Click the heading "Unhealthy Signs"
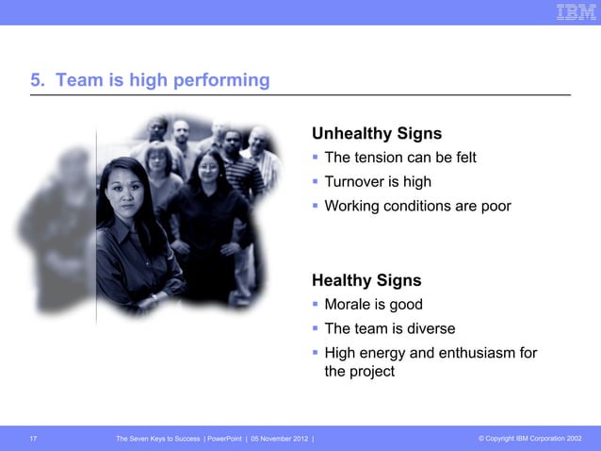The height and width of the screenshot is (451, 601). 377,133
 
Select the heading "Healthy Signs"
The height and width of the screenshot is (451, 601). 366,280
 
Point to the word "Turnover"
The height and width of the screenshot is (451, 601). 355,181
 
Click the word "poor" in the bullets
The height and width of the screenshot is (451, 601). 495,205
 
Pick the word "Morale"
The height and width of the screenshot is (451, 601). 348,305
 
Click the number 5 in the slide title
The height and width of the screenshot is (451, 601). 36,81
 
